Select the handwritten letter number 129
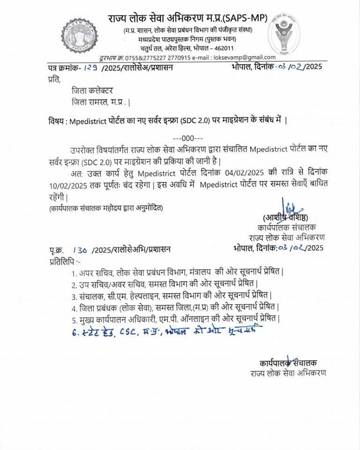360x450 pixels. point(91,67)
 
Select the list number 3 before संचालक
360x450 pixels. point(74,296)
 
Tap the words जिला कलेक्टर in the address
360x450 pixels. point(92,90)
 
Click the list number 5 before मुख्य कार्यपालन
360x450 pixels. point(74,319)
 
